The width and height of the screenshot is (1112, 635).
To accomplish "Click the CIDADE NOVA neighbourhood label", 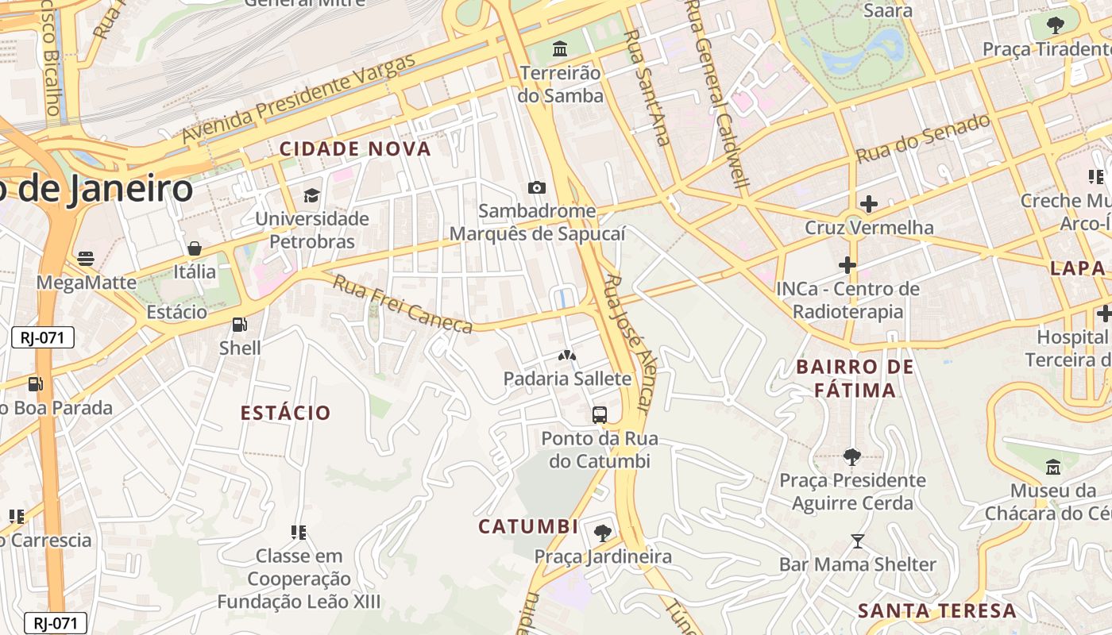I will pyautogui.click(x=355, y=148).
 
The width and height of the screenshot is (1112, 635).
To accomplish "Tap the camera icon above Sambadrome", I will pyautogui.click(x=537, y=188).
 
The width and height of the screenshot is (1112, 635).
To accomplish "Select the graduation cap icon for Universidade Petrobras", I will pyautogui.click(x=311, y=195).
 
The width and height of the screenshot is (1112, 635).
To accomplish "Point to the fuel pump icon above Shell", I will pyautogui.click(x=238, y=324).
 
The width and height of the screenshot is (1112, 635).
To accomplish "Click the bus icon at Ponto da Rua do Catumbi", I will pyautogui.click(x=600, y=414).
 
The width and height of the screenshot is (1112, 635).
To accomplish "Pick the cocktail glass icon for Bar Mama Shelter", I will pyautogui.click(x=857, y=541).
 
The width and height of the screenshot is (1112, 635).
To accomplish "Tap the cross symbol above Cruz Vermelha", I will pyautogui.click(x=869, y=204).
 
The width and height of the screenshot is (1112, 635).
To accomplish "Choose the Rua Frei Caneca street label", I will pyautogui.click(x=402, y=304).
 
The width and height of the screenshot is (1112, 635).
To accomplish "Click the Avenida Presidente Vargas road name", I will pyautogui.click(x=299, y=100).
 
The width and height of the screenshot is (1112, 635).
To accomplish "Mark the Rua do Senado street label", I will pyautogui.click(x=923, y=139).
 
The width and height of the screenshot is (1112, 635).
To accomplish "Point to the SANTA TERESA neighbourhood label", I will pyautogui.click(x=937, y=610).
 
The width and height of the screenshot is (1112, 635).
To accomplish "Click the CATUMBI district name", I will pyautogui.click(x=528, y=526).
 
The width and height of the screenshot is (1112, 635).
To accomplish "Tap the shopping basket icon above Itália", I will pyautogui.click(x=195, y=248).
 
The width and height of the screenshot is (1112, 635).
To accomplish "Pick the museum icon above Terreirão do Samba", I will pyautogui.click(x=560, y=49).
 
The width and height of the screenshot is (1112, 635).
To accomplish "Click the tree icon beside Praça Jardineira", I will pyautogui.click(x=603, y=533).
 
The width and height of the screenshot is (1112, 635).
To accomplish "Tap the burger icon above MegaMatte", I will pyautogui.click(x=85, y=259).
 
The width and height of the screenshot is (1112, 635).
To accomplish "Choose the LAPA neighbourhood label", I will pyautogui.click(x=1078, y=267).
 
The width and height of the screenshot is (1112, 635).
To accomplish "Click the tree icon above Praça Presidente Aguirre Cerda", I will pyautogui.click(x=852, y=457).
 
